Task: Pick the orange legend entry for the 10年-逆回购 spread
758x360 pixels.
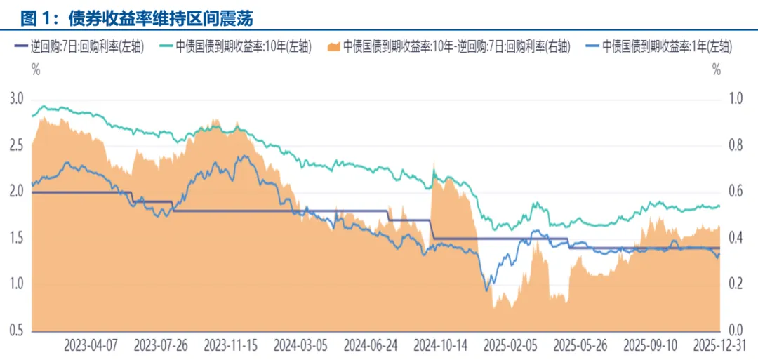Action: coord(449,47)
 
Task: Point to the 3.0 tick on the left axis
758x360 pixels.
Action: coord(16,98)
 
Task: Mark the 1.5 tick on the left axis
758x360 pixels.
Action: coord(16,238)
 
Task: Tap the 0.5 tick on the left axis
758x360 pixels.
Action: coord(16,331)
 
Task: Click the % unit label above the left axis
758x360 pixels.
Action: coord(35,69)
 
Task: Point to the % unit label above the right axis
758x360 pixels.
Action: coord(716,69)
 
